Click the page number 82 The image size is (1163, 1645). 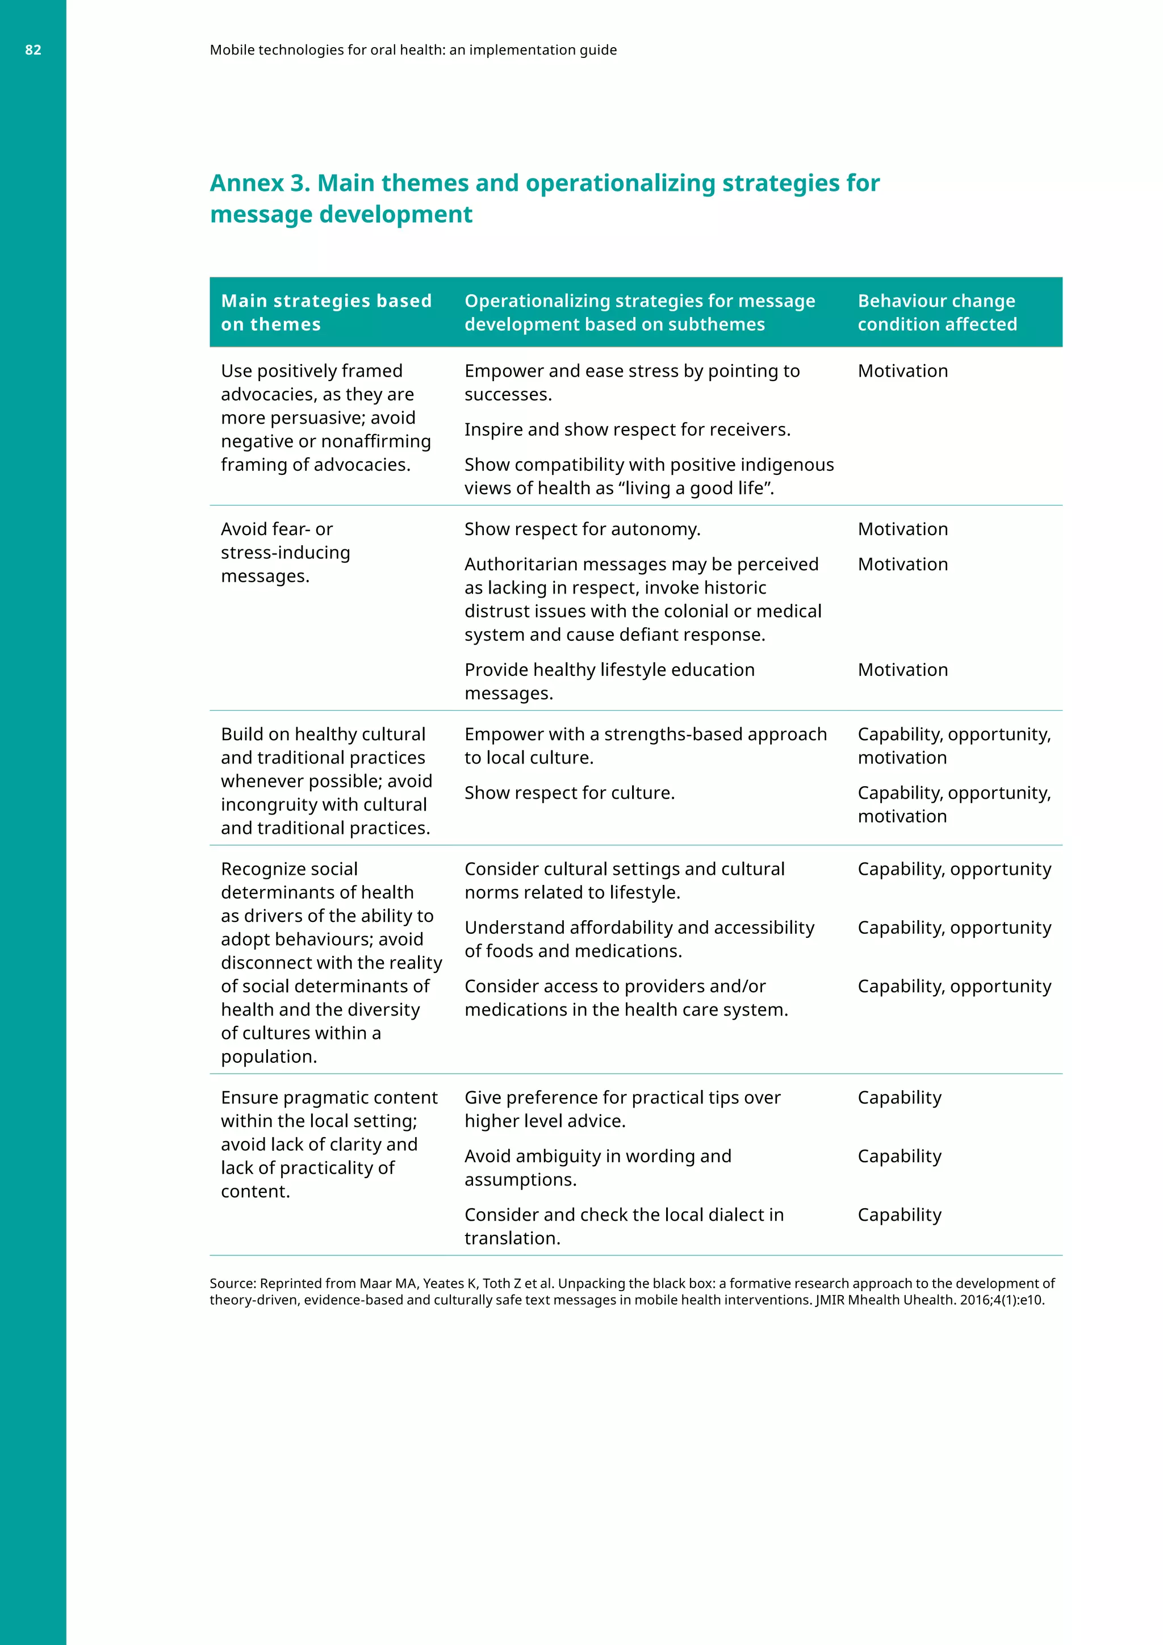[x=33, y=50]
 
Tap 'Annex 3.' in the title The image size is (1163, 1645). [x=260, y=183]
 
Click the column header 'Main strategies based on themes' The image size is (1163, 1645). [x=326, y=312]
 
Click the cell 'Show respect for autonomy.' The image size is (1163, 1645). [x=581, y=529]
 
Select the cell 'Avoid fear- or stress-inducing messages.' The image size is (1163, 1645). [x=285, y=552]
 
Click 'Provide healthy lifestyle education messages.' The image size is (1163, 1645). [x=609, y=682]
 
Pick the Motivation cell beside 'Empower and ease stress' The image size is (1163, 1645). [x=902, y=371]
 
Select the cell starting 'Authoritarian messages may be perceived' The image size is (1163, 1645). [x=642, y=600]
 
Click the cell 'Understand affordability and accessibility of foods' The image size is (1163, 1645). [x=639, y=940]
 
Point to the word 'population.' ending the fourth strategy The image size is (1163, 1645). [x=269, y=1057]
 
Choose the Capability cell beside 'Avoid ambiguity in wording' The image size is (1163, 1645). [x=899, y=1156]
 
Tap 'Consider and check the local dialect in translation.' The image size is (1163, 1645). [x=623, y=1226]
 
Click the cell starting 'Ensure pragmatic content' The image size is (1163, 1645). [x=328, y=1144]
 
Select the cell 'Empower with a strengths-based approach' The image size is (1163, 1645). [x=645, y=746]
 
